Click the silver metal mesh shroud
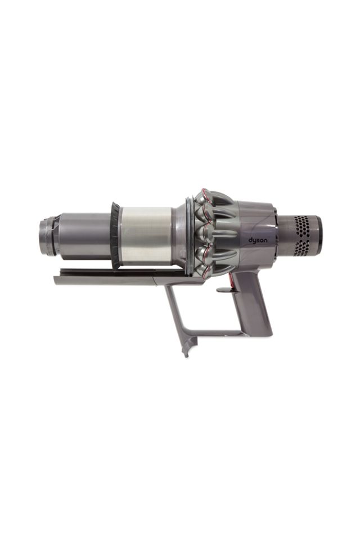[x=146, y=235]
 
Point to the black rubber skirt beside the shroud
[x=115, y=235]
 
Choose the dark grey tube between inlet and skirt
[x=84, y=235]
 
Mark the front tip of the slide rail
[x=57, y=279]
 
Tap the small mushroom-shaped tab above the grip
[x=224, y=290]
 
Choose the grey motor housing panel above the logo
[x=256, y=217]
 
